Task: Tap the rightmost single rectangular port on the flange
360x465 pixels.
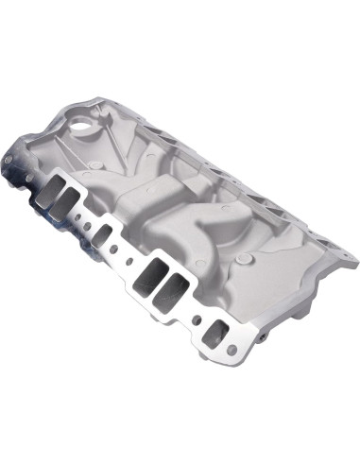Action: pos(216,332)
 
